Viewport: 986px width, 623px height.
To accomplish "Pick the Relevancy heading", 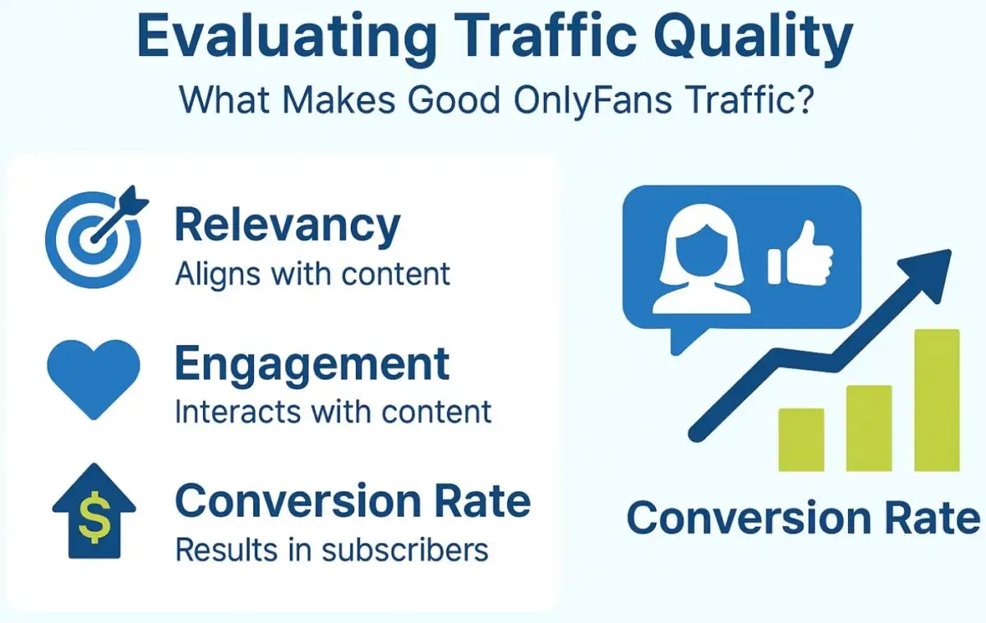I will (x=288, y=225).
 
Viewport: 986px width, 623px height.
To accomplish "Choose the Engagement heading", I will (x=312, y=363).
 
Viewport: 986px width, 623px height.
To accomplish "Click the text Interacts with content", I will (x=333, y=411).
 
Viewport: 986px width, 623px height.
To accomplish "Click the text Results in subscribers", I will (x=331, y=550).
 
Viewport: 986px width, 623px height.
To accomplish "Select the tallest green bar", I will (x=937, y=400).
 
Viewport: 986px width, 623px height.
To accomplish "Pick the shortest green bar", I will (x=801, y=440).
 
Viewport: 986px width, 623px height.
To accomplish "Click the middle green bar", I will (x=869, y=428).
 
